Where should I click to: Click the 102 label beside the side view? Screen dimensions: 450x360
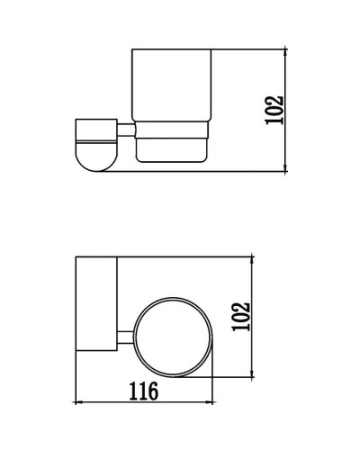[x=275, y=109]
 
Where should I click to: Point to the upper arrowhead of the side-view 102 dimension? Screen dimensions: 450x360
[x=286, y=47]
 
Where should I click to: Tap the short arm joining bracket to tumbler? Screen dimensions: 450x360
[x=128, y=135]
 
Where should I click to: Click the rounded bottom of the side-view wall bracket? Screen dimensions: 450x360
[x=94, y=164]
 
